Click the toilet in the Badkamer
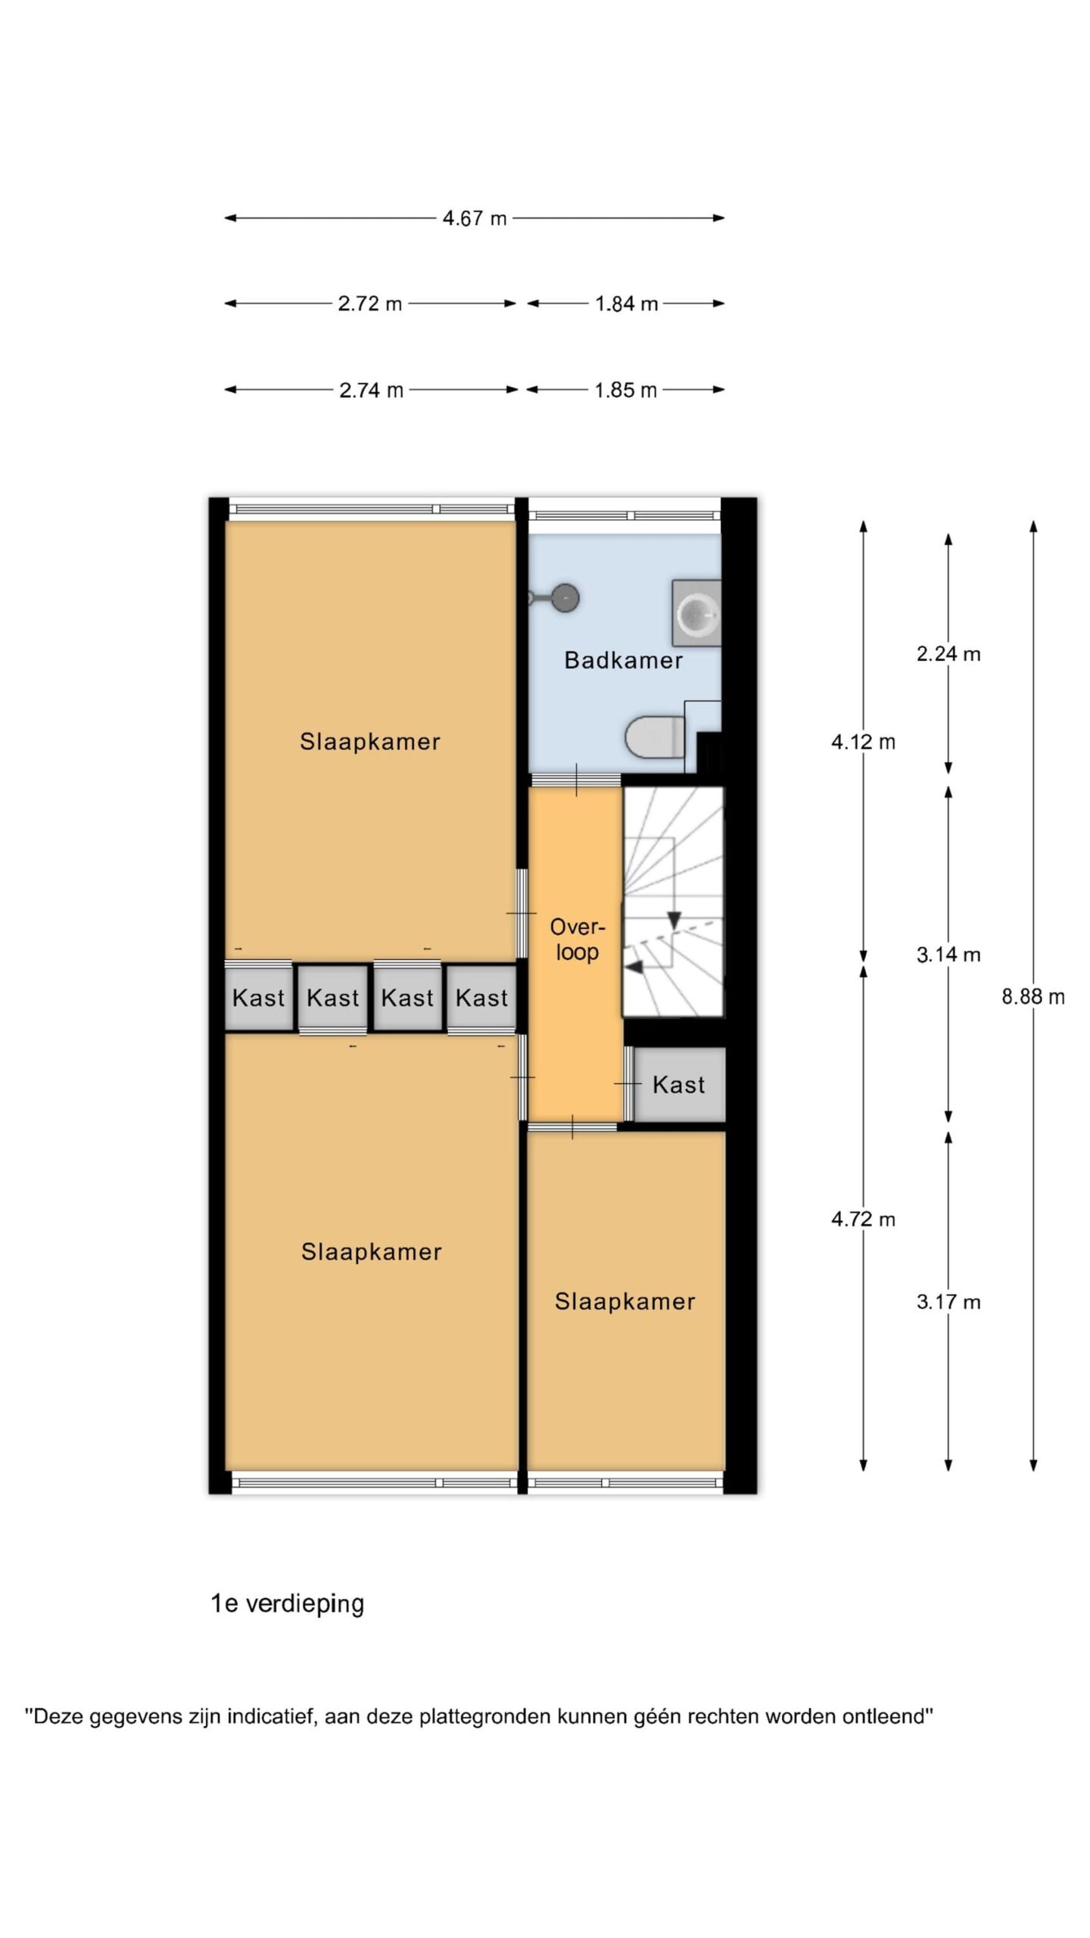(656, 737)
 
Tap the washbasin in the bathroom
(696, 612)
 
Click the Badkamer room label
(624, 660)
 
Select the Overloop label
(578, 939)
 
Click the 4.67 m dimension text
(475, 218)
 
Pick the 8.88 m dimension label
(1033, 996)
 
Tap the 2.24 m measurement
(948, 653)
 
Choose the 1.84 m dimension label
(626, 304)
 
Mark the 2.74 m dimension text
(371, 390)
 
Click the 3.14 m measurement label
(948, 955)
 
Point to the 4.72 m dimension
(863, 1219)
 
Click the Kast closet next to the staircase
(679, 1085)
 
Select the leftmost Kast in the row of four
(258, 997)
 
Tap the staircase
(673, 901)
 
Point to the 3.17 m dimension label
(948, 1302)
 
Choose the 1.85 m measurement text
(625, 390)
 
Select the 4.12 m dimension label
(863, 742)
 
